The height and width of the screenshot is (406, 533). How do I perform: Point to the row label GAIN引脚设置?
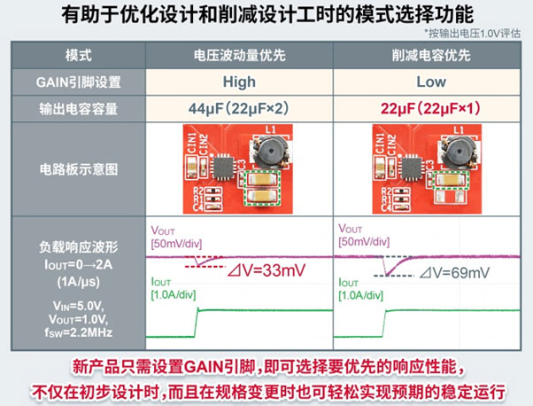[79, 82]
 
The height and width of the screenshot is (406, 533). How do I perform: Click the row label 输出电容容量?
[79, 110]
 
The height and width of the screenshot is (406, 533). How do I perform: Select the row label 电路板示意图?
[79, 168]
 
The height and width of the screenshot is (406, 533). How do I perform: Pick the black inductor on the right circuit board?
[460, 152]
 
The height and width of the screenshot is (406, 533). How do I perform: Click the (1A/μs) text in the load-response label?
[79, 278]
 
